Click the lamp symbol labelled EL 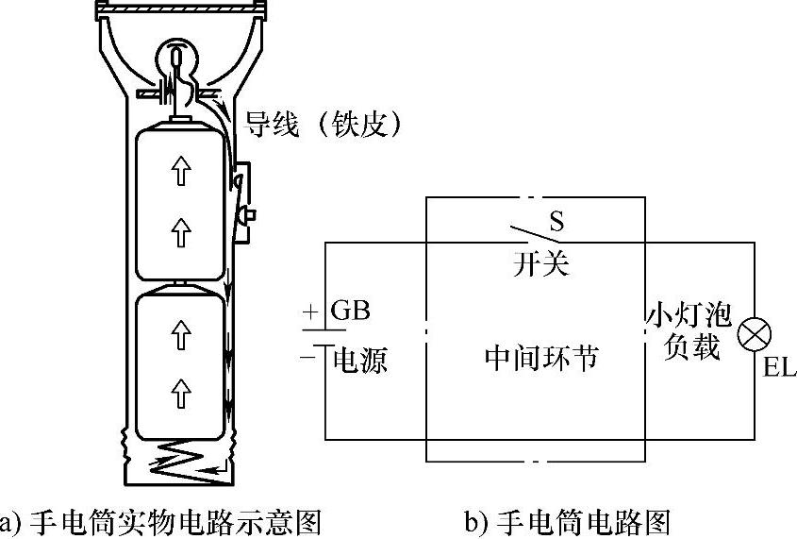pos(755,333)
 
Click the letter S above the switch pos(556,221)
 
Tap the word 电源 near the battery pos(361,360)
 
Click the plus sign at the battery pos(309,312)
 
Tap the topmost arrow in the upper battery pos(183,171)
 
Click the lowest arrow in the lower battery pos(183,386)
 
